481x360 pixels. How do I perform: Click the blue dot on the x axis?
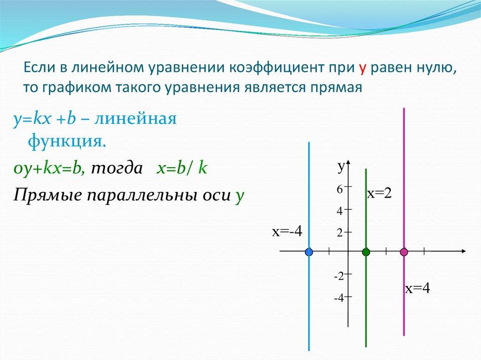tap(309, 252)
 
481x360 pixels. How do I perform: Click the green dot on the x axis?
tap(366, 252)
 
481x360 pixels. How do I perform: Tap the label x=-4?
tap(286, 231)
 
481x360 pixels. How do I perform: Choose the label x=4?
tap(418, 289)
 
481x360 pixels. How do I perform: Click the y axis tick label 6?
tap(339, 189)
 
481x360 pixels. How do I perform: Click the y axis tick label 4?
tap(339, 211)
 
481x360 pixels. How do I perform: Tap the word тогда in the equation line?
tap(116, 169)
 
